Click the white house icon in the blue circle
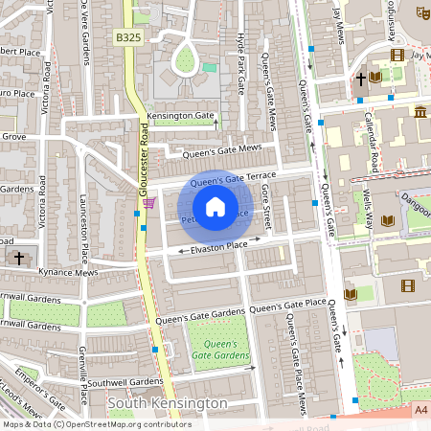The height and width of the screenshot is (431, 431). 215,207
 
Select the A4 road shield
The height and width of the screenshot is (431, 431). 421,409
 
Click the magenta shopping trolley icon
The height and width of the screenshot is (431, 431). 148,203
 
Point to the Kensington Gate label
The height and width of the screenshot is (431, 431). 181,116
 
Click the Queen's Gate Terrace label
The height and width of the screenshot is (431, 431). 233,179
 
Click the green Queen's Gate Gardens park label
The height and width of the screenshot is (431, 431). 216,350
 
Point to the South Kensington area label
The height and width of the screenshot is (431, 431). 168,403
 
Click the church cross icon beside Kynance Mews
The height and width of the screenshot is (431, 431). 19,258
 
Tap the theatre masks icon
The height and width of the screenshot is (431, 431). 421,12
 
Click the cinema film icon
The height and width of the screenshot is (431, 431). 409,284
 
